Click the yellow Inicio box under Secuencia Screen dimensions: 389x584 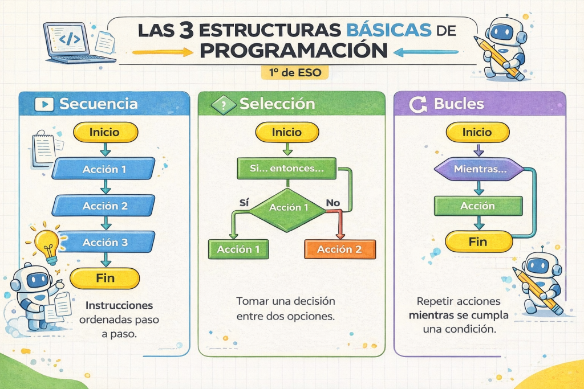click(106, 132)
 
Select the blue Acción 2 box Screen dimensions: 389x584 click(104, 206)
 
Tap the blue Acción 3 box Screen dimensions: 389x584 click(105, 242)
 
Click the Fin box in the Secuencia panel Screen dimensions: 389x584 click(106, 278)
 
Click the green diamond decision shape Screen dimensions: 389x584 click(287, 207)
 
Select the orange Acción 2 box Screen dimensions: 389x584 click(339, 249)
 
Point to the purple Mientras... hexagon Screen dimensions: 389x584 click(478, 169)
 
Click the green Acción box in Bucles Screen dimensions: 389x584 click(478, 206)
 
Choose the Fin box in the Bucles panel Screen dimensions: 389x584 click(478, 241)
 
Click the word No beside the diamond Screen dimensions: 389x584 click(332, 202)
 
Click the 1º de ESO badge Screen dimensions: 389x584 click(292, 73)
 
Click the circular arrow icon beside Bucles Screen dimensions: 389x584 click(418, 104)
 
